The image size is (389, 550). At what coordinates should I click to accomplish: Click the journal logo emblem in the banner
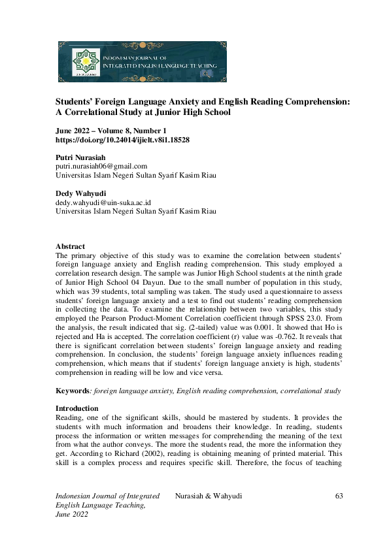click(x=83, y=62)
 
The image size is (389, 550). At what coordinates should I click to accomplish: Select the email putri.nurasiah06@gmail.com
click(x=101, y=167)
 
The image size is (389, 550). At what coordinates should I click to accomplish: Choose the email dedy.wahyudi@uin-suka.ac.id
click(x=103, y=202)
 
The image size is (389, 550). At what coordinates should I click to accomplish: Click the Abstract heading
click(x=71, y=246)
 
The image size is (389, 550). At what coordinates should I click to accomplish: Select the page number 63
click(x=339, y=496)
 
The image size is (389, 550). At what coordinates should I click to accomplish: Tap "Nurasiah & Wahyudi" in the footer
click(x=209, y=496)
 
